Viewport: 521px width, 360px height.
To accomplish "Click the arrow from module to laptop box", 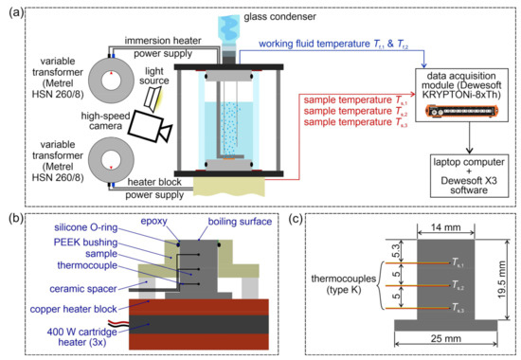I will pos(453,138).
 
